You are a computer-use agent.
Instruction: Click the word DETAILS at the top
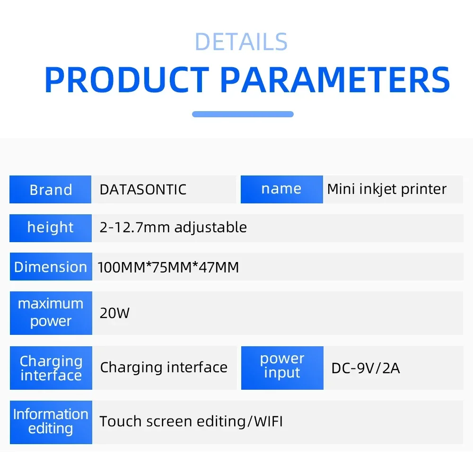241,42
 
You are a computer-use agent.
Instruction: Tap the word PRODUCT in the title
127,80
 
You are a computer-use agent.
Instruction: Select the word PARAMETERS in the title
335,80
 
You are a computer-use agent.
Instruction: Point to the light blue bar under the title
243,114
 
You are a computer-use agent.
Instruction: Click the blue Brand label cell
51,190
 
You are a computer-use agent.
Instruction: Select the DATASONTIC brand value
143,190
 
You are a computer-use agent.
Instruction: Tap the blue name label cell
281,189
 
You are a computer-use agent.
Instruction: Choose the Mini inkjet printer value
386,189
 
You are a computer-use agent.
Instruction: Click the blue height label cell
51,228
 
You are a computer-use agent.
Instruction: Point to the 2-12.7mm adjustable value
173,228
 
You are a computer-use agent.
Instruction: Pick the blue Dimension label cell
51,267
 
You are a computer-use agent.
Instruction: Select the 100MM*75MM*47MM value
168,267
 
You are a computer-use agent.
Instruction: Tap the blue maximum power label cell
51,313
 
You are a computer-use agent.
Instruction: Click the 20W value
114,313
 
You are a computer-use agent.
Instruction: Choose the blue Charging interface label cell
51,368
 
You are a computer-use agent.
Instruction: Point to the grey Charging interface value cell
164,368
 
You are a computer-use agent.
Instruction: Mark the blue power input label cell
282,366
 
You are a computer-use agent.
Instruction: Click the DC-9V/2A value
366,368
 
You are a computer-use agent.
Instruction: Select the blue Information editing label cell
51,421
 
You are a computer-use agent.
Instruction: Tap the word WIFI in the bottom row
267,421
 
